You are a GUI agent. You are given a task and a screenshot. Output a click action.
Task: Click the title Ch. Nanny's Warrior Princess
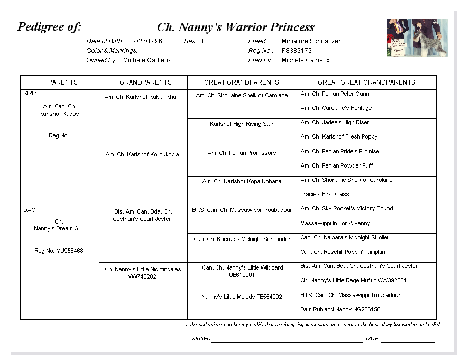click(235, 27)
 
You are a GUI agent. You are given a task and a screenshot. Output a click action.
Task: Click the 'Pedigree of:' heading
click(49, 27)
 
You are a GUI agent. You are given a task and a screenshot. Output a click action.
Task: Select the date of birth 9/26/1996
click(147, 41)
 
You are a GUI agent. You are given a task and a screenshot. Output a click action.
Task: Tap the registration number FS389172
click(297, 51)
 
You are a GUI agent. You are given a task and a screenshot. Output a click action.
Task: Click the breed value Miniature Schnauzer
click(311, 41)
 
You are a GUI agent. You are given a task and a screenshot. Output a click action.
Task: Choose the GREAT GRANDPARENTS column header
click(242, 82)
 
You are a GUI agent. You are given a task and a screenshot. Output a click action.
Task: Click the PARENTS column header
click(63, 82)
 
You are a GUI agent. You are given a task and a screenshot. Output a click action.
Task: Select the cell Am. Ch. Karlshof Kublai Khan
click(142, 97)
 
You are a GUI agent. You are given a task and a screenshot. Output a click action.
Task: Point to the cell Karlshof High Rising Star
click(242, 124)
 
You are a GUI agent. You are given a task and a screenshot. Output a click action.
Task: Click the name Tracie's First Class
click(325, 194)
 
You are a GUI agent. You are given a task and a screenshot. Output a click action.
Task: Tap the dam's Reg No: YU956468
click(59, 251)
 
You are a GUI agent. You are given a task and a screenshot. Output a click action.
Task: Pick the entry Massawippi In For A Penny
click(335, 223)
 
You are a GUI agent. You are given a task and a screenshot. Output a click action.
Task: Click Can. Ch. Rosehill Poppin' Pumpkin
click(343, 252)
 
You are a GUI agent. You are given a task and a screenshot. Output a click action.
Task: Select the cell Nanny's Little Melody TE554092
click(242, 297)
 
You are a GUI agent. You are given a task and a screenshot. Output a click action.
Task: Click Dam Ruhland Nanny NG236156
click(340, 309)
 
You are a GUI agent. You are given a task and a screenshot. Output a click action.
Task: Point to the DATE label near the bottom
click(372, 339)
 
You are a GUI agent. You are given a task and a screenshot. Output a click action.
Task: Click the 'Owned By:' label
click(101, 60)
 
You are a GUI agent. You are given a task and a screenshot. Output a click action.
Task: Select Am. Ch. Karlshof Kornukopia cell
click(142, 155)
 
